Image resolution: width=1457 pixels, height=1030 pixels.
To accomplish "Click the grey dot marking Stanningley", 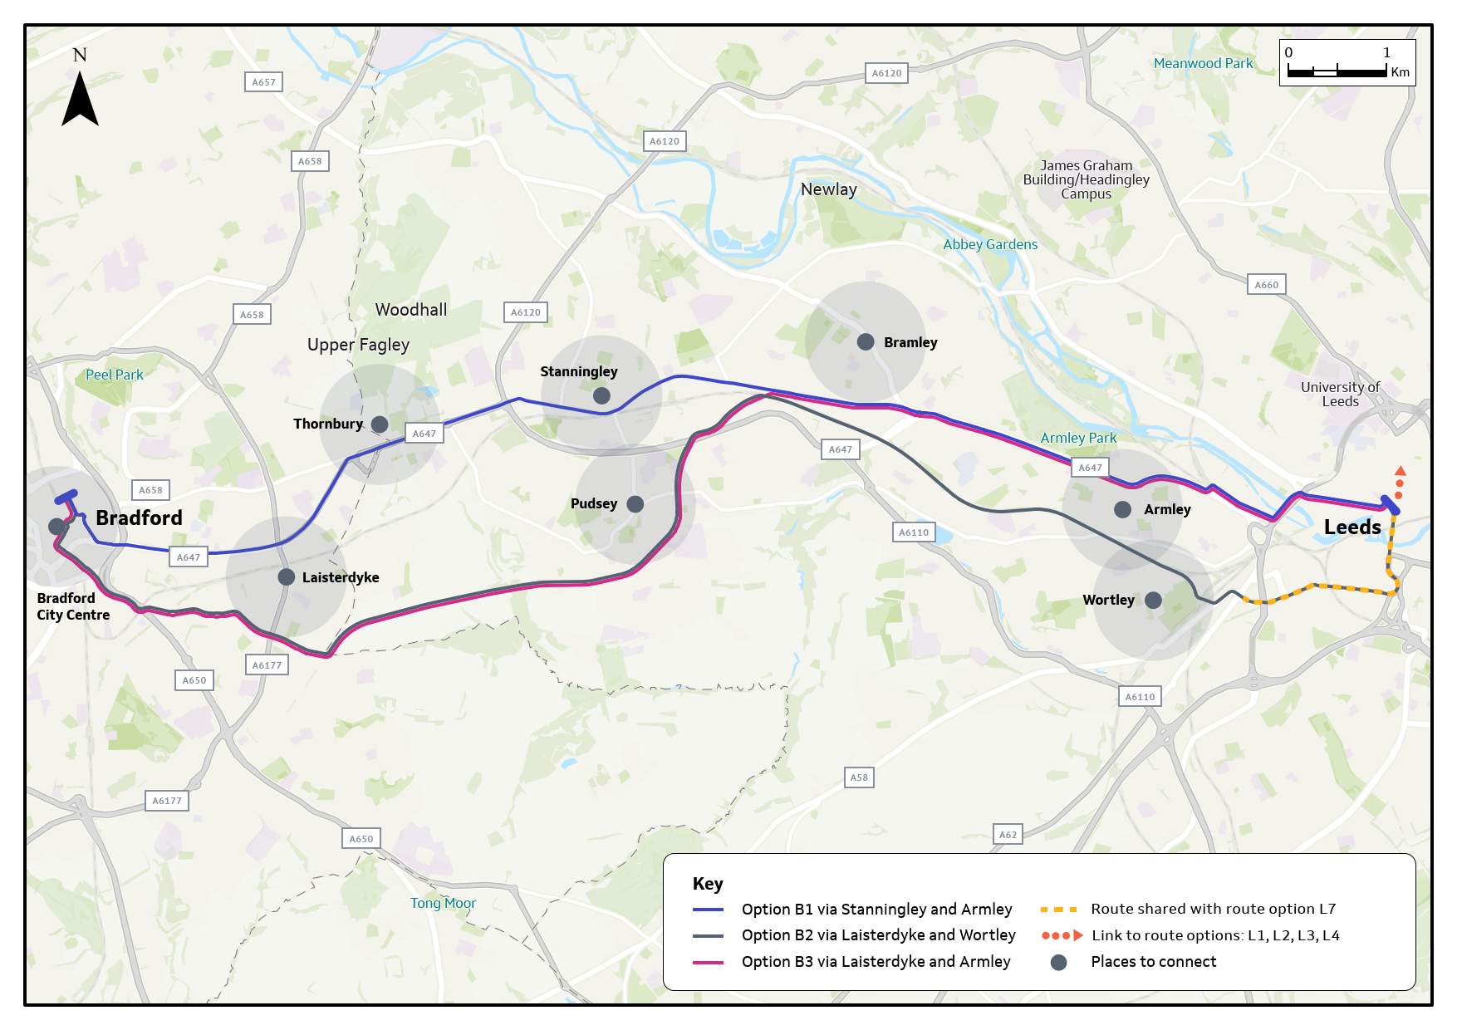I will point(601,396).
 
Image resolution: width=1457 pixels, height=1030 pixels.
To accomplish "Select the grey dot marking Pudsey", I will point(635,504).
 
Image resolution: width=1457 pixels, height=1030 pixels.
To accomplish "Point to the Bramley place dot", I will point(866,342).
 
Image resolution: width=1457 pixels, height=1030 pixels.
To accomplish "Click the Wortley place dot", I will point(1153,600).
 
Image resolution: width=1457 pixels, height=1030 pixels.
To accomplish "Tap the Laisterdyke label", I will point(341,577).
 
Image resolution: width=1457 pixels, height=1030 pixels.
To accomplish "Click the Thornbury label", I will point(328,424).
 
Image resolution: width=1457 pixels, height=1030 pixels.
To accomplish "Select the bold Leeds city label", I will point(1352,527).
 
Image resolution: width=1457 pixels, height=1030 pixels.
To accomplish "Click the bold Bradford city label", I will point(139,518).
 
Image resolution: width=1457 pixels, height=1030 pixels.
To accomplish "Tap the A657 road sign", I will point(263,82).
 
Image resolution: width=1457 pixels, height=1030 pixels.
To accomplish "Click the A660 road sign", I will point(1266,285).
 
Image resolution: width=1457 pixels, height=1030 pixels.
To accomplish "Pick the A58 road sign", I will point(859,777).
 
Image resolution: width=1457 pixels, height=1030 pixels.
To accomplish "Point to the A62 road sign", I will point(1008,834).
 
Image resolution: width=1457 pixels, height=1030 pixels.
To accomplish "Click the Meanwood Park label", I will point(1203,63).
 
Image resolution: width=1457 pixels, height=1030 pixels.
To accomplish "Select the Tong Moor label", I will point(443,903).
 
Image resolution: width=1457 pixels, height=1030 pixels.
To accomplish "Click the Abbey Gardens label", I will point(990,244).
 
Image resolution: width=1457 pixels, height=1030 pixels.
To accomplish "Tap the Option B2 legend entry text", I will point(878,935).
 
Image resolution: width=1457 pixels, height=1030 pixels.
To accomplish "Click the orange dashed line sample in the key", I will point(1058,910).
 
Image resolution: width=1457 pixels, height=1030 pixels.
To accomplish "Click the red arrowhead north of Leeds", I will point(1400,471).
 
